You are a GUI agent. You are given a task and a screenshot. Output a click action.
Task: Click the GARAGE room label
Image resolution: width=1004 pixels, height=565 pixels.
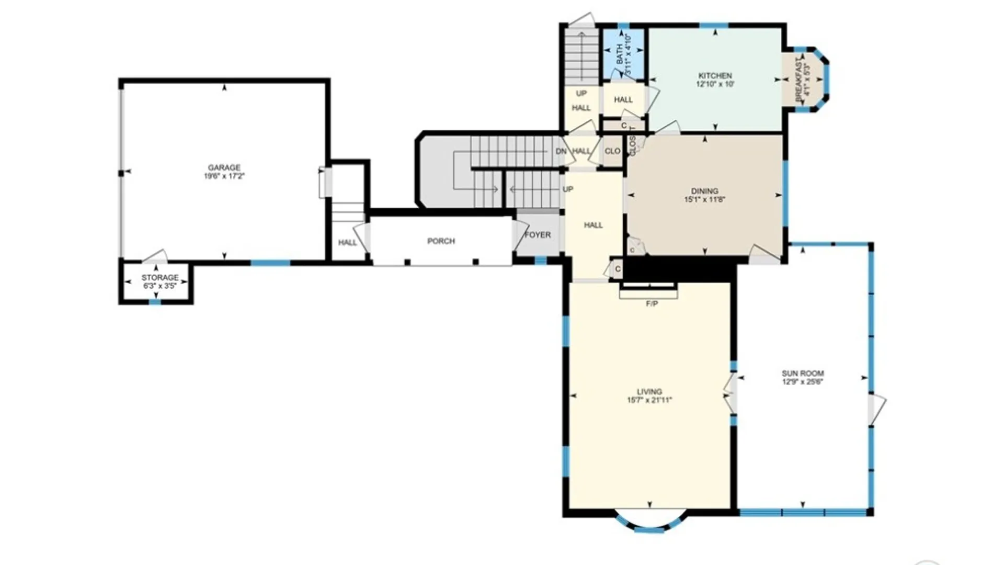click(x=224, y=167)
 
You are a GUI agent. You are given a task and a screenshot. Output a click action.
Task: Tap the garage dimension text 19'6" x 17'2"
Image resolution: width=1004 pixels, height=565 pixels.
click(x=224, y=176)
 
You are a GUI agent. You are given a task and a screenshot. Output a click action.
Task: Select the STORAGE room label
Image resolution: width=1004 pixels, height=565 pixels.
click(x=160, y=277)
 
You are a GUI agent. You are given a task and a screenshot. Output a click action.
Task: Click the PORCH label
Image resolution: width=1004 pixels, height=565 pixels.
click(x=441, y=241)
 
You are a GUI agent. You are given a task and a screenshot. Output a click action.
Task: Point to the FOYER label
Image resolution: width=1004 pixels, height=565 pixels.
click(x=538, y=235)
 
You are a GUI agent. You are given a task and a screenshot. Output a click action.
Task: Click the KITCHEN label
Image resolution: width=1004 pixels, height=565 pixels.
click(x=715, y=76)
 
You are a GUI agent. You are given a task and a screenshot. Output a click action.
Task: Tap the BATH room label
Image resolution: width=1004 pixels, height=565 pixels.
click(x=620, y=54)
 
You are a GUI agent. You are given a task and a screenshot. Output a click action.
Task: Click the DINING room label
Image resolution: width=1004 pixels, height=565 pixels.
click(x=704, y=191)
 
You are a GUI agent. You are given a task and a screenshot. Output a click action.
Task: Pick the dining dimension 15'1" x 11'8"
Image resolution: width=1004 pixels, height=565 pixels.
click(x=704, y=199)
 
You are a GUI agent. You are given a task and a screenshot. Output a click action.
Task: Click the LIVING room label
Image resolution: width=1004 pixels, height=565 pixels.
click(x=649, y=391)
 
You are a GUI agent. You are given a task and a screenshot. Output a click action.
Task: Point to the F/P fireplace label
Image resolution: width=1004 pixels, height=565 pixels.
click(x=652, y=303)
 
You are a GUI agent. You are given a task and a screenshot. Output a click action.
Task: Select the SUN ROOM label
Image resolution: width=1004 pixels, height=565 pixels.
click(x=803, y=374)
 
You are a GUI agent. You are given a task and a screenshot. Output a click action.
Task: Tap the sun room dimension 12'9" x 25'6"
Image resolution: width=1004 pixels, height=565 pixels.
click(x=803, y=382)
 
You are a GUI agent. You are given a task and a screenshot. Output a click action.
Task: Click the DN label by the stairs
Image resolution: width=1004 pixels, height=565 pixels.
click(x=561, y=151)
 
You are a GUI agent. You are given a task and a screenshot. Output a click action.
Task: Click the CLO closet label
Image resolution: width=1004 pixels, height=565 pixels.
click(x=612, y=151)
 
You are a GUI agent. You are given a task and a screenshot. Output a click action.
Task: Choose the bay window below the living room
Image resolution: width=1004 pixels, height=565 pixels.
click(x=649, y=525)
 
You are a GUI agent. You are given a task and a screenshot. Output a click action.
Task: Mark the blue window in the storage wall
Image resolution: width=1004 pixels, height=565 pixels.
click(x=155, y=302)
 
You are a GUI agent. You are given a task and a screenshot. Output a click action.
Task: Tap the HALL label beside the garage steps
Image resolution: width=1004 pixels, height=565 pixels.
click(x=347, y=243)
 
